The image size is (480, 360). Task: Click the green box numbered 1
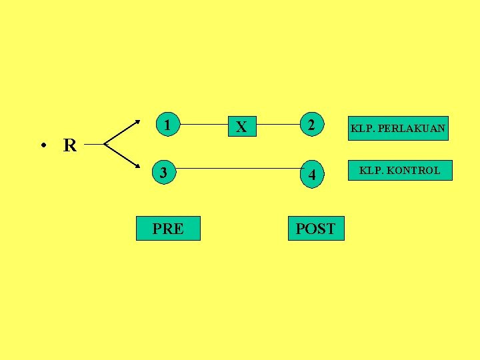[168, 125]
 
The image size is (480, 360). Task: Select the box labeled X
[242, 126]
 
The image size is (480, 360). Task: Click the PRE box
[168, 229]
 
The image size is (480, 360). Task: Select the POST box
[315, 229]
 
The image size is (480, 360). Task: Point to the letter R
[70, 145]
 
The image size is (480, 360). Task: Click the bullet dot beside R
[42, 145]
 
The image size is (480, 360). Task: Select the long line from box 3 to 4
[237, 170]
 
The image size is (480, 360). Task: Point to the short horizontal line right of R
[94, 143]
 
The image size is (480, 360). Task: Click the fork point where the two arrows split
[105, 143]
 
